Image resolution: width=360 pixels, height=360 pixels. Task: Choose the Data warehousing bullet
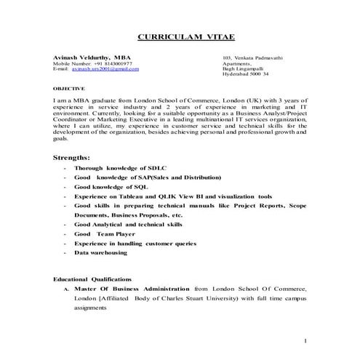click(105, 252)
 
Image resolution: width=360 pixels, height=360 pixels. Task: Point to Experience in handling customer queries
click(135, 244)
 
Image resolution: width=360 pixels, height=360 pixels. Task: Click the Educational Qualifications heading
click(92, 279)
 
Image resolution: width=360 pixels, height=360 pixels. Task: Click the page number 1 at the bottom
click(306, 340)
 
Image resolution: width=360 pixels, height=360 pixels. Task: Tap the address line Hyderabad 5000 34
click(245, 74)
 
